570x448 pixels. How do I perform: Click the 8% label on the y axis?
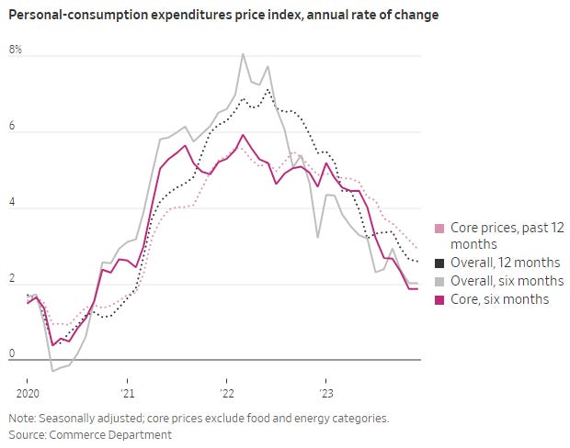[x=16, y=49]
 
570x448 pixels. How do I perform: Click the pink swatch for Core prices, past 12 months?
[x=439, y=229]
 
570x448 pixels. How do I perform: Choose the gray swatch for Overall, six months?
[x=439, y=281]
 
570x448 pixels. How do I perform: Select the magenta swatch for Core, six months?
[x=439, y=299]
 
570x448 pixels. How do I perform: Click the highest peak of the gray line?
[x=243, y=54]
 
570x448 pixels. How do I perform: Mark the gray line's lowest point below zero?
[x=52, y=371]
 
